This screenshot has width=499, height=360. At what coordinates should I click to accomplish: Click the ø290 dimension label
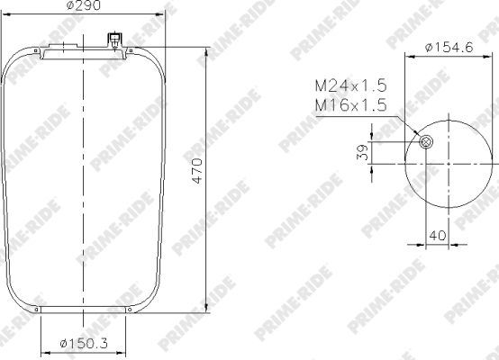[84, 5]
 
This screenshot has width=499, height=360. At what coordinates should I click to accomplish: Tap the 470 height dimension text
[197, 171]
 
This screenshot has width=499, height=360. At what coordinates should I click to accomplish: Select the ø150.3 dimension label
[84, 344]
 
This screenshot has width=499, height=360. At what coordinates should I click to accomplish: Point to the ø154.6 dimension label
[449, 48]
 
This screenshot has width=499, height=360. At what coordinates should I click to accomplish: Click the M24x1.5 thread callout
[350, 85]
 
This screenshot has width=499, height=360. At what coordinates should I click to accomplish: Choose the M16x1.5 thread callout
[350, 105]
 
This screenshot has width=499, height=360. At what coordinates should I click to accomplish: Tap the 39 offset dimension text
[362, 152]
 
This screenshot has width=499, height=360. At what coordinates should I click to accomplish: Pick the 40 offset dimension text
[438, 235]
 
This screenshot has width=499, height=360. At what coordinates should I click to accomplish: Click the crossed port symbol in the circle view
[426, 142]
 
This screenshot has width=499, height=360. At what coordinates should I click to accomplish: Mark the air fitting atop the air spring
[114, 40]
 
